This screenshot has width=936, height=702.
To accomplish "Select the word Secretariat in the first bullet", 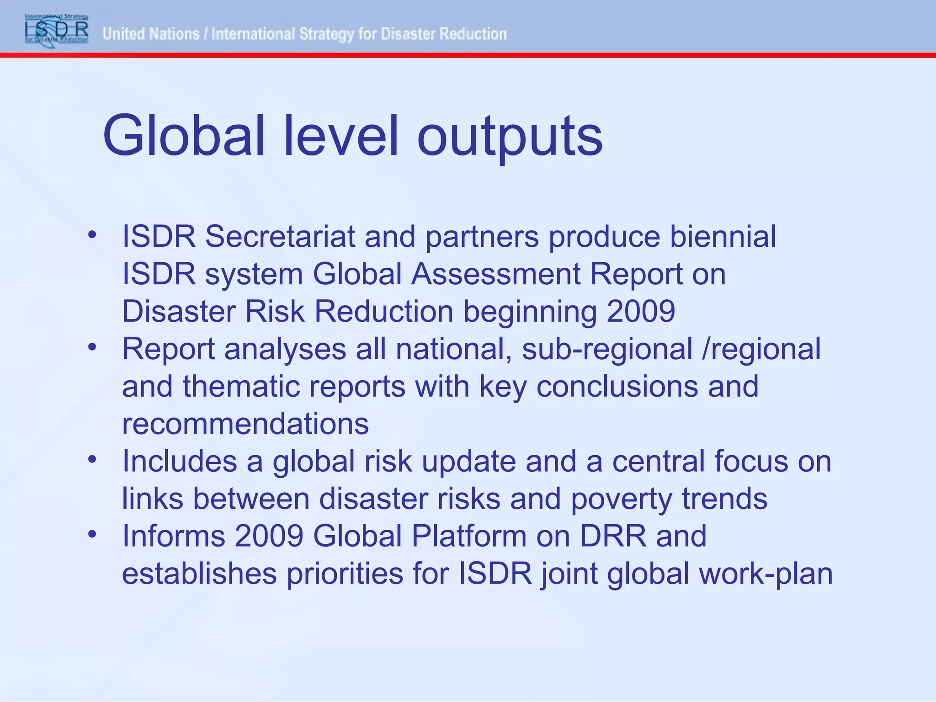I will (x=280, y=237).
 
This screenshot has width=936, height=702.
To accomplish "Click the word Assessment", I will (x=496, y=274).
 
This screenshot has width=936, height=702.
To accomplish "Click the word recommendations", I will (x=245, y=424).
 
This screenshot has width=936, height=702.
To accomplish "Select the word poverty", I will (x=621, y=499).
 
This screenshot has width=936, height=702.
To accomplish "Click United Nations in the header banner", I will (x=151, y=34).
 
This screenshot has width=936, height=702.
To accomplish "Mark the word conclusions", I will (x=617, y=387).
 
